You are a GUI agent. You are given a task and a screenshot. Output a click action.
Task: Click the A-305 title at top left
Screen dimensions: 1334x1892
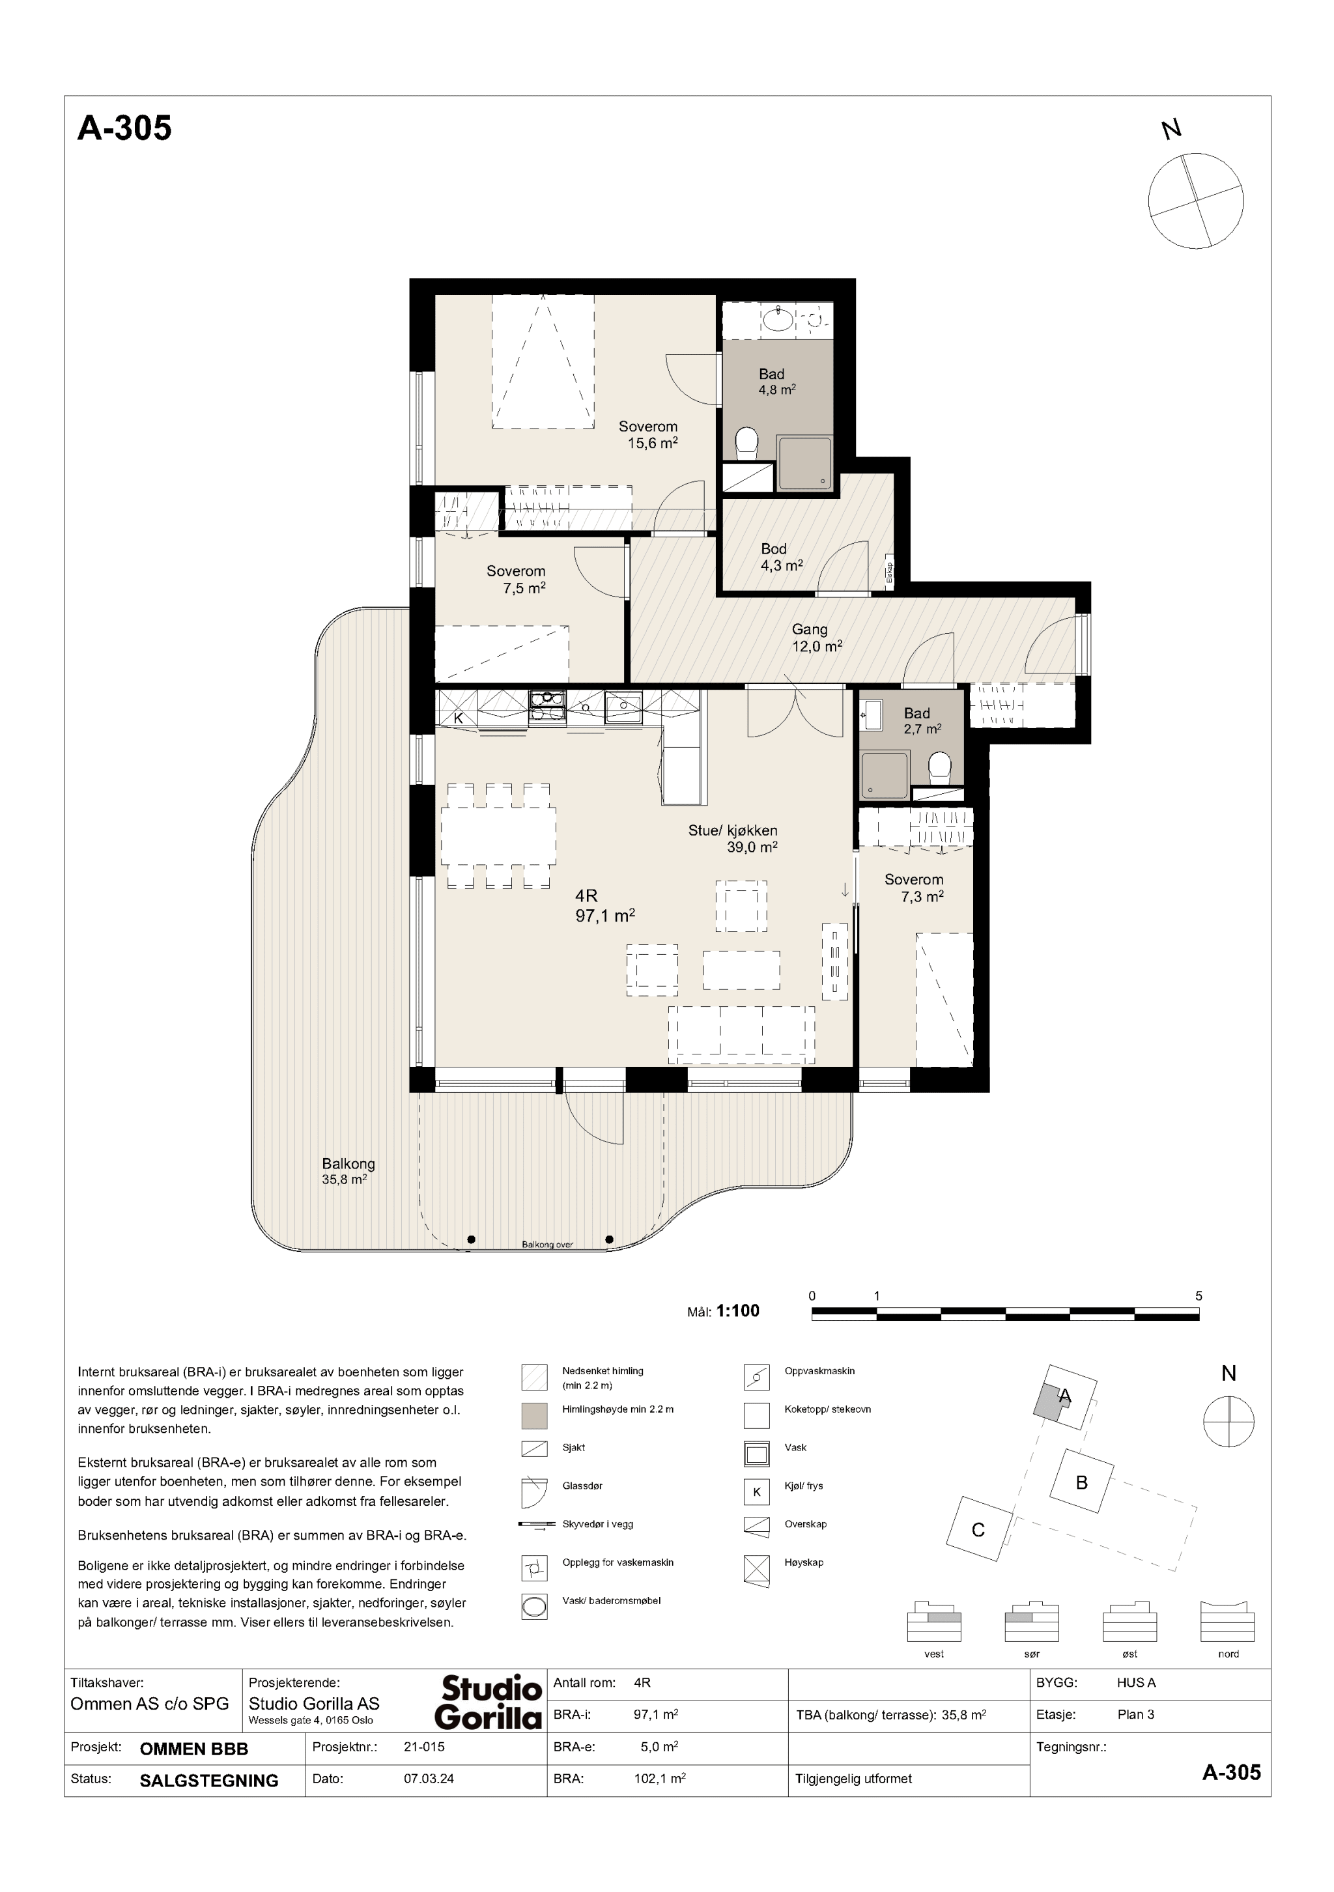124,128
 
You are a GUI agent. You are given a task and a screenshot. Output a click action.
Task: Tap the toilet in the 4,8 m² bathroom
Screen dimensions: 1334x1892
746,442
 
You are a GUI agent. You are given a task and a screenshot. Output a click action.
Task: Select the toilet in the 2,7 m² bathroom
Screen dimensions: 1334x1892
939,768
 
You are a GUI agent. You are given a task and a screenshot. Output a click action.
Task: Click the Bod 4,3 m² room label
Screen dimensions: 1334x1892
780,557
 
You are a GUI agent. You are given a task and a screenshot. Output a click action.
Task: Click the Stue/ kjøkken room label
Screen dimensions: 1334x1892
733,830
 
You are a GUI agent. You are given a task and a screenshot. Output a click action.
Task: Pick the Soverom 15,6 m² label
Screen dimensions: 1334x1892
651,434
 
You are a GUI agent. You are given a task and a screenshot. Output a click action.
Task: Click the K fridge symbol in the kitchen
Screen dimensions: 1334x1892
458,718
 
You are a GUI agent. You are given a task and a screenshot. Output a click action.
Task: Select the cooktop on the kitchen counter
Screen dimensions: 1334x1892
547,707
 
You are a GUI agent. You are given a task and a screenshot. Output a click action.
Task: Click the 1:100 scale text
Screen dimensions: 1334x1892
737,1310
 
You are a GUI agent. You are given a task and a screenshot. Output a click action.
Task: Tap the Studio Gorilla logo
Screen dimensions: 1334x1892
489,1702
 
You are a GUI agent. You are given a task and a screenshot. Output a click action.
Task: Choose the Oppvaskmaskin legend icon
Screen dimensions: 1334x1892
756,1377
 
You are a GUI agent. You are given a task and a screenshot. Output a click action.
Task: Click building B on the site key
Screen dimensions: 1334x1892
1082,1482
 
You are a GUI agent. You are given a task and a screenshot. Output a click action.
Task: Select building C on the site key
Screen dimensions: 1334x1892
978,1531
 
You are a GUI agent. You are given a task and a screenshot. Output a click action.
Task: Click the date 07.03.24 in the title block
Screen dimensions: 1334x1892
428,1778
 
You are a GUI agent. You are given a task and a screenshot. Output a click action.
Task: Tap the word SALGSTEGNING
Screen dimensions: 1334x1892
209,1780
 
